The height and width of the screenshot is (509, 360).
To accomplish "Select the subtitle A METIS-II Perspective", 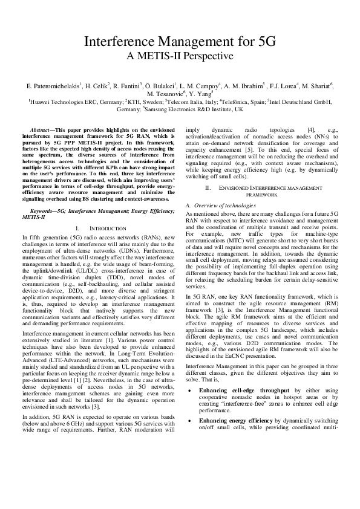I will tap(180, 57).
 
